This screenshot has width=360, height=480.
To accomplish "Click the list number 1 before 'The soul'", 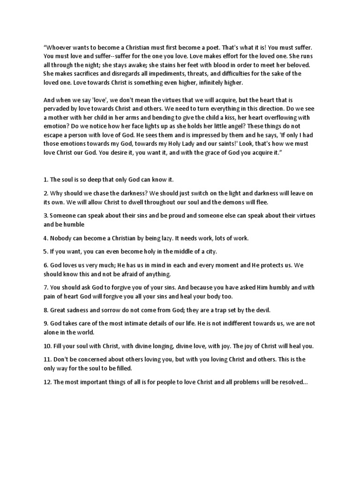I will click(x=45, y=180).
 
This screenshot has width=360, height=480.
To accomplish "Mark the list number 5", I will click(x=45, y=252).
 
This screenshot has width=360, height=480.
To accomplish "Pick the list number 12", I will click(x=47, y=382).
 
